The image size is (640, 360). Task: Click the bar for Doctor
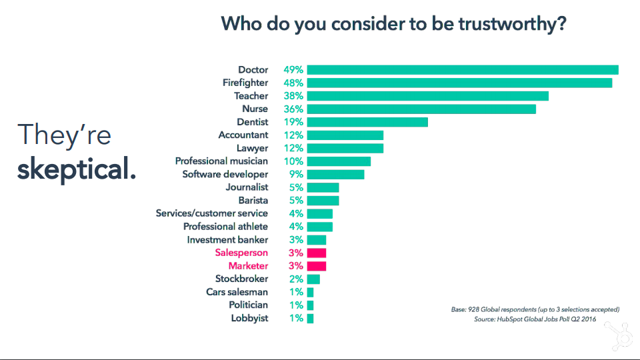463,70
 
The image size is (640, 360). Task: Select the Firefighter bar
459,83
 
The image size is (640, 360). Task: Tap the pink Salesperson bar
317,253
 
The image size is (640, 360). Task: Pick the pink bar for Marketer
317,266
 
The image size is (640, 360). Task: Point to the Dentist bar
367,122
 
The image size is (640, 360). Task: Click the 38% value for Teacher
293,96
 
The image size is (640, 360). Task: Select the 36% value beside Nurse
293,109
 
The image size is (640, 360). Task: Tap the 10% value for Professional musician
293,161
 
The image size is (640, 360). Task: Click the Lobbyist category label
249,318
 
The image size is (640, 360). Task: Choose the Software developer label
225,175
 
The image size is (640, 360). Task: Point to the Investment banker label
227,240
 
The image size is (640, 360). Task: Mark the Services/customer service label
212,213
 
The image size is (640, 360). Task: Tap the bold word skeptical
76,169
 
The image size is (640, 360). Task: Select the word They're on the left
64,135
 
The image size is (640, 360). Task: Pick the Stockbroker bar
313,279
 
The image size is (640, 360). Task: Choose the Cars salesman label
237,292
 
